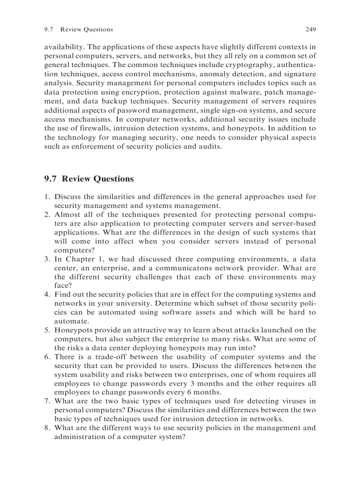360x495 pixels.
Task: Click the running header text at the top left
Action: click(79, 30)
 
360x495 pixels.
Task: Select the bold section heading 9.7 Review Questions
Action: click(89, 179)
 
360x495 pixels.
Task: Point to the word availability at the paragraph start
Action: click(64, 47)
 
